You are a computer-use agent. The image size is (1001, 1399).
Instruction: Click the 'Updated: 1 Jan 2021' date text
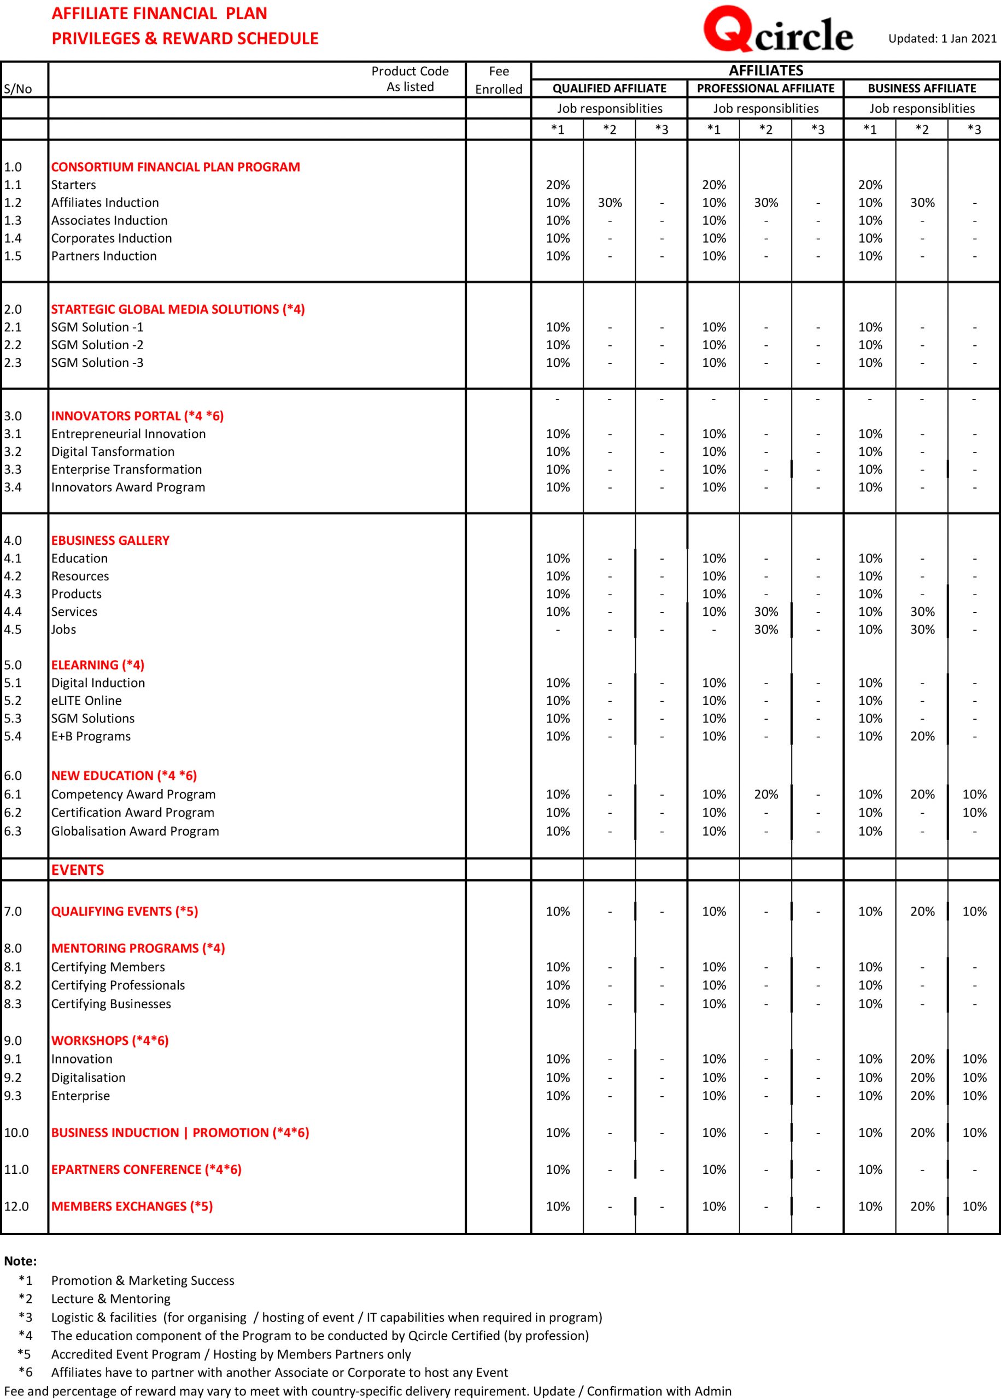point(942,39)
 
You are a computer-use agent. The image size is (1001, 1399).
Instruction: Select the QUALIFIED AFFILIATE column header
point(609,89)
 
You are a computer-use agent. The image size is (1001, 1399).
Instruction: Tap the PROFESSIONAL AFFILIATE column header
point(765,89)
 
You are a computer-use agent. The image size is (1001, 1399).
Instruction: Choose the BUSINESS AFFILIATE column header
point(922,89)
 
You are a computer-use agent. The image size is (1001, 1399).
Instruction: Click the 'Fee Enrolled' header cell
point(499,80)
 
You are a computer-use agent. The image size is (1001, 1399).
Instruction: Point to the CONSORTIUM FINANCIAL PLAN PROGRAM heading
point(175,167)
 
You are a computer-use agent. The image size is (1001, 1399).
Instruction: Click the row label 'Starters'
point(73,185)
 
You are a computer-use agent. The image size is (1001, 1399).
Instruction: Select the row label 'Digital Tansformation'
point(113,451)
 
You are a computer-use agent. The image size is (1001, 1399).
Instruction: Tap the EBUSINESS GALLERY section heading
point(110,540)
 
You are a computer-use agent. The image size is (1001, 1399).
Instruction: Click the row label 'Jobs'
point(63,630)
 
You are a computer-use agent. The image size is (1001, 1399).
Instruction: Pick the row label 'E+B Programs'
point(91,736)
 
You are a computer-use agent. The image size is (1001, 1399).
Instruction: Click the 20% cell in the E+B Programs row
point(922,736)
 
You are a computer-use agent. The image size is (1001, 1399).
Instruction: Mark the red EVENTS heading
point(78,870)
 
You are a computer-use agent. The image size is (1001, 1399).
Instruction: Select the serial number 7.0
point(13,912)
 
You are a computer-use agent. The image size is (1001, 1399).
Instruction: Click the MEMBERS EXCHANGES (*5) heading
point(132,1206)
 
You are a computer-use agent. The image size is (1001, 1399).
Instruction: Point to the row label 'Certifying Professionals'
point(118,985)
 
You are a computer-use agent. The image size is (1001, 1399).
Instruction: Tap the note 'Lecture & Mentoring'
point(111,1298)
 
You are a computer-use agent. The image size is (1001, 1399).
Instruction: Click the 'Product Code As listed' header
point(410,79)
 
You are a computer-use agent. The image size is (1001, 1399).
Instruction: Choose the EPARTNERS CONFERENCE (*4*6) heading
point(146,1169)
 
